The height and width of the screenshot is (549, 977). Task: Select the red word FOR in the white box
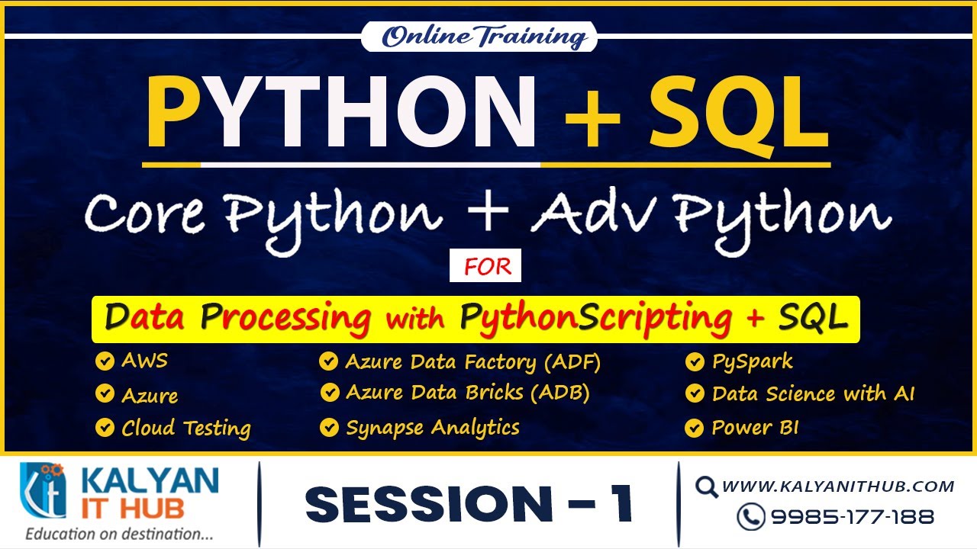[485, 268]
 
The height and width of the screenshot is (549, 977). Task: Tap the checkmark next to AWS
[104, 361]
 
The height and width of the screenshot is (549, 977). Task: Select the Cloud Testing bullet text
[185, 428]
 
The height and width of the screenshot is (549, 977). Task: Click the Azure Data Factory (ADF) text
[472, 361]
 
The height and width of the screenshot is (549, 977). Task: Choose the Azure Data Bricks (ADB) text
[467, 393]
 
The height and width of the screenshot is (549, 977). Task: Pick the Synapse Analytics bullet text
[432, 428]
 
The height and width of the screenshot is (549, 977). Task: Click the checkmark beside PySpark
[694, 361]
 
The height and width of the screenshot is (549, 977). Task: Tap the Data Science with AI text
[812, 393]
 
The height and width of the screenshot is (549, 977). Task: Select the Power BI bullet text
[754, 428]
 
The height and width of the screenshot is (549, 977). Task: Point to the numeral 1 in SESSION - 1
[621, 504]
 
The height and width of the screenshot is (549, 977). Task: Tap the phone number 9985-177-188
[852, 516]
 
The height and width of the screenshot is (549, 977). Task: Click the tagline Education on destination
[119, 535]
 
